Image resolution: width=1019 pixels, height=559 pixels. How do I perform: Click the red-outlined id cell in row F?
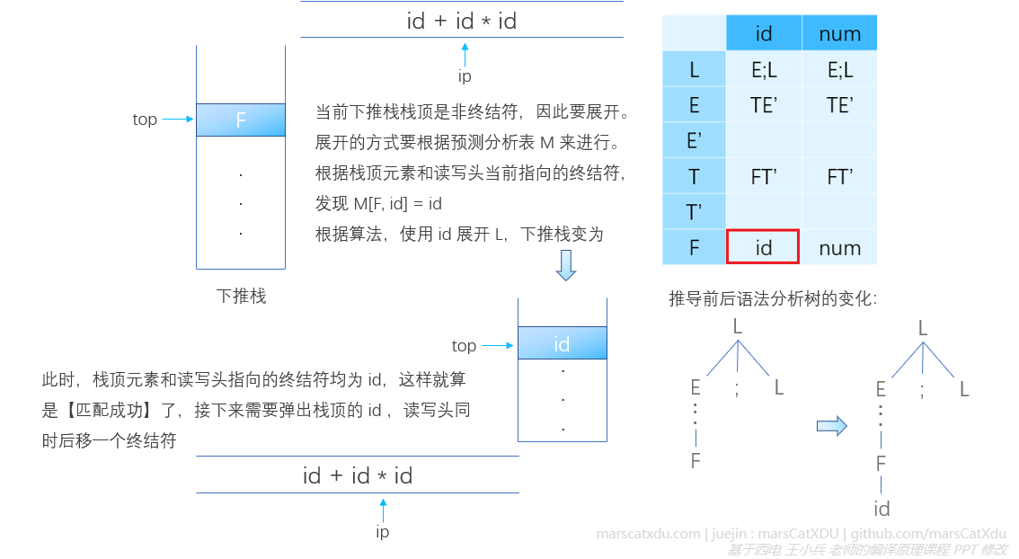(x=763, y=247)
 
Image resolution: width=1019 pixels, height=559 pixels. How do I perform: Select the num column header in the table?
(x=839, y=34)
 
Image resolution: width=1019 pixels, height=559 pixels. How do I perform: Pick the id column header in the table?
(x=764, y=34)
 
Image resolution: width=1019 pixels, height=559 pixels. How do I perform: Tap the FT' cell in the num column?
(x=839, y=176)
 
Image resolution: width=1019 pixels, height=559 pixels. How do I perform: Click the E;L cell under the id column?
(x=764, y=69)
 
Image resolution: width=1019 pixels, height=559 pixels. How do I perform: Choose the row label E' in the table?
(x=694, y=140)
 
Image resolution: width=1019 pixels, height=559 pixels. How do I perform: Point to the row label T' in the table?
(x=694, y=212)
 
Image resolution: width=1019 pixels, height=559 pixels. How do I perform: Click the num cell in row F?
(x=839, y=247)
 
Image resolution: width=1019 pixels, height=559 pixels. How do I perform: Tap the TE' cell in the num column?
(x=839, y=105)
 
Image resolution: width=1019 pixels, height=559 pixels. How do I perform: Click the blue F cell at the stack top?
(x=241, y=120)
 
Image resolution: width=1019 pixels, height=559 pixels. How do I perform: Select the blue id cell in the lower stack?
(x=562, y=343)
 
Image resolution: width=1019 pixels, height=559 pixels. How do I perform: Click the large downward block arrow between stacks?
(x=565, y=265)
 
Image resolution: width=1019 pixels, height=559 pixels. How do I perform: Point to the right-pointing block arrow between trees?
(x=831, y=425)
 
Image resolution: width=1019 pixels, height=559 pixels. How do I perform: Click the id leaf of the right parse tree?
(x=882, y=509)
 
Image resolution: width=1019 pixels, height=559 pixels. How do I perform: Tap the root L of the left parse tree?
(x=738, y=326)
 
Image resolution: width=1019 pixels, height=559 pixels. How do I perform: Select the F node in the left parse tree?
(x=695, y=461)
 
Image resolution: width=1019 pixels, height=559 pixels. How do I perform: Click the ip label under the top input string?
(x=465, y=77)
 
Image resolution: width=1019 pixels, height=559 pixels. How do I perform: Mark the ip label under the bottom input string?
(x=383, y=532)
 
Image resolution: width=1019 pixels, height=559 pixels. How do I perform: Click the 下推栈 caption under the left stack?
(x=241, y=296)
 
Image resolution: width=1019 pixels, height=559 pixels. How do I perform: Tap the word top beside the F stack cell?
(x=145, y=120)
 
